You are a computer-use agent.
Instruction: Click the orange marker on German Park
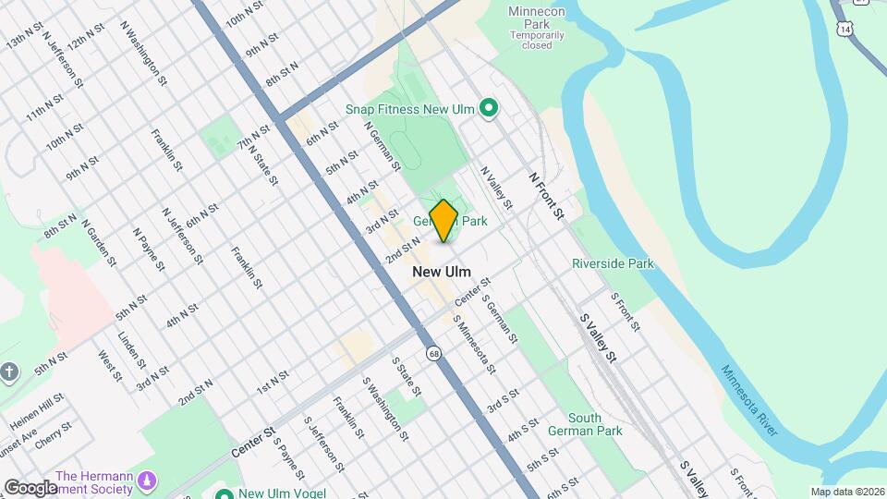coord(443,220)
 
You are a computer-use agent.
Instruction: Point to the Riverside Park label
coord(613,263)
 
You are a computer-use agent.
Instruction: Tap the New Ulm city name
coord(441,272)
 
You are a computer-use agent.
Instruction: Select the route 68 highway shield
coord(433,353)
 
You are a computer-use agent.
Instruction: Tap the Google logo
coord(30,487)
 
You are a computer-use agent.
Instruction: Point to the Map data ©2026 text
coord(846,492)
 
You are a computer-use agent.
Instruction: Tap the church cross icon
coord(9,372)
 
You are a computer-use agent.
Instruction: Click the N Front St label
coord(546,194)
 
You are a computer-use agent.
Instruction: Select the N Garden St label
coord(98,242)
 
